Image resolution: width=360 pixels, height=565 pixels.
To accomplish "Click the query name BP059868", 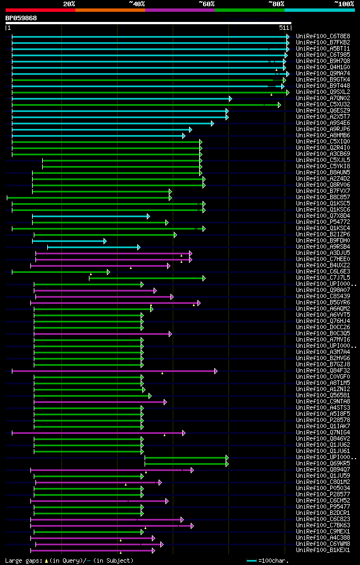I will [21, 18].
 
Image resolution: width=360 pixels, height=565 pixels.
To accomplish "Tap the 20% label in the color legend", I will [69, 4].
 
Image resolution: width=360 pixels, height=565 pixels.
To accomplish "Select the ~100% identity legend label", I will [344, 4].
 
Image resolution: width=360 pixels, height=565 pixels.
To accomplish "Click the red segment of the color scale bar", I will [40, 10].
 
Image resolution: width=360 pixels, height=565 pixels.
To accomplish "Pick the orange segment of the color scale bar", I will [110, 10].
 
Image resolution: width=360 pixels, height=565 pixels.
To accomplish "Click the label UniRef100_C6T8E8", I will [323, 37].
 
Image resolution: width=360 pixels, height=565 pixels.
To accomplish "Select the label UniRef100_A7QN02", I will [323, 98].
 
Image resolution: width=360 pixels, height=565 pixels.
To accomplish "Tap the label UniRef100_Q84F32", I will [323, 371].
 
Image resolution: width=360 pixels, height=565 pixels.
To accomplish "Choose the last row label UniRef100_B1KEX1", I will [323, 550].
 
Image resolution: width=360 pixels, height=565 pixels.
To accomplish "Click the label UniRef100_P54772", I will [323, 222].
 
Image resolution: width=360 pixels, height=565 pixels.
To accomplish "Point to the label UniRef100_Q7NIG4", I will [323, 433].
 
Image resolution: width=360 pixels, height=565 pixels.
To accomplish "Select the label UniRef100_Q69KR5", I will [323, 464].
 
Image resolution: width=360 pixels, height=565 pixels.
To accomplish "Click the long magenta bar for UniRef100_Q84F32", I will [112, 371].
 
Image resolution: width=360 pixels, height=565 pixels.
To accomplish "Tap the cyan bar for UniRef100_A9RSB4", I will [93, 247].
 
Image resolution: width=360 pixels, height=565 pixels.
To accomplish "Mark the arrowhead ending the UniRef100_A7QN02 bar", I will [230, 98].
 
